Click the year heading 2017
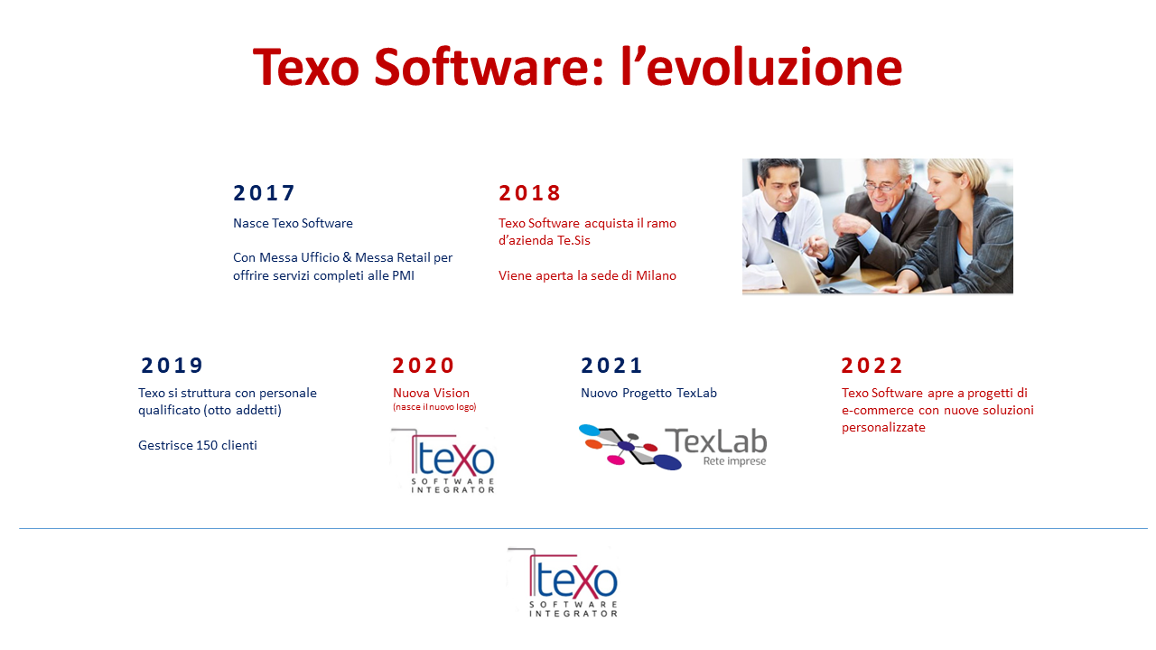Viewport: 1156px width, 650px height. click(264, 193)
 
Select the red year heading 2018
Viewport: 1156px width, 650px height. click(529, 193)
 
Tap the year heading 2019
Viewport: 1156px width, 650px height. click(172, 366)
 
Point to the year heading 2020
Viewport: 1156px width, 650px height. click(424, 366)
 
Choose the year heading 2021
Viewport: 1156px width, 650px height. click(611, 366)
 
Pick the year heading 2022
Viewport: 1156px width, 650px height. click(872, 366)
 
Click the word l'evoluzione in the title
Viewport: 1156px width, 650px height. click(761, 67)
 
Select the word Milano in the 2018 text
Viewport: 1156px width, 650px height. click(656, 275)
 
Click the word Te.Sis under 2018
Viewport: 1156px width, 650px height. click(573, 240)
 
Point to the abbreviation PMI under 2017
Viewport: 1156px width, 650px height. click(403, 275)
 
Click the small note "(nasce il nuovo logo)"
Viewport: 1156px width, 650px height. click(434, 407)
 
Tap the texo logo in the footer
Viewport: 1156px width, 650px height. click(564, 582)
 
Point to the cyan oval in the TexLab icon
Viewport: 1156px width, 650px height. click(590, 430)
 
